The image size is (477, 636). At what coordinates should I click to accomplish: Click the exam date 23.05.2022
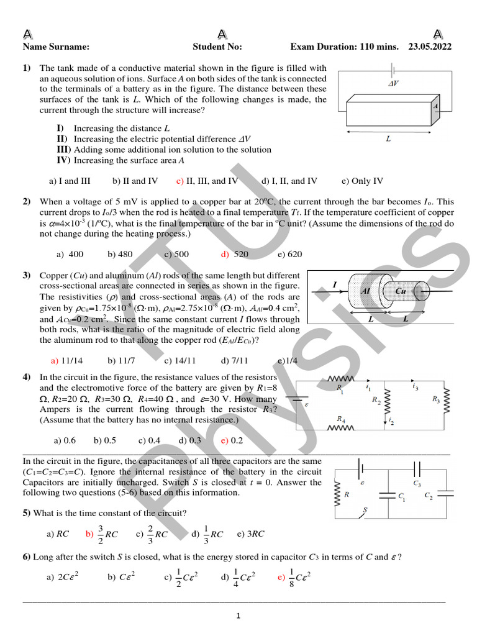(x=430, y=47)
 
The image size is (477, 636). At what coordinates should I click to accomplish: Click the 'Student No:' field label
(x=217, y=47)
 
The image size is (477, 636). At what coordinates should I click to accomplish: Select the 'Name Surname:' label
(x=56, y=47)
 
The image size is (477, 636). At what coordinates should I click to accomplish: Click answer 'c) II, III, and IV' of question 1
(x=207, y=181)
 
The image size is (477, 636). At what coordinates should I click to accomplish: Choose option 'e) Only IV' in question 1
(x=362, y=181)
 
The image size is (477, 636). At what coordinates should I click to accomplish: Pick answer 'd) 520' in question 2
(x=234, y=254)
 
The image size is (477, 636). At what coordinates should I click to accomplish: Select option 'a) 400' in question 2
(x=70, y=254)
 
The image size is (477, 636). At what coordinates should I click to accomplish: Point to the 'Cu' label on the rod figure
(x=401, y=291)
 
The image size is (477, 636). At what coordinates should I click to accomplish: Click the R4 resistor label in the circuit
(x=340, y=419)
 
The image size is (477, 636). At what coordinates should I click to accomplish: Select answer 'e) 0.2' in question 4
(x=232, y=440)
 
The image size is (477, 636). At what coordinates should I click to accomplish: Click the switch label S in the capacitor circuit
(x=365, y=509)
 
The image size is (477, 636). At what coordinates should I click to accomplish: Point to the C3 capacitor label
(x=417, y=483)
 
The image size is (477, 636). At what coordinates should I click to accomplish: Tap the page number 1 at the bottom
(x=238, y=616)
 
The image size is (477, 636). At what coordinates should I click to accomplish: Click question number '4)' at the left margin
(x=27, y=377)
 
